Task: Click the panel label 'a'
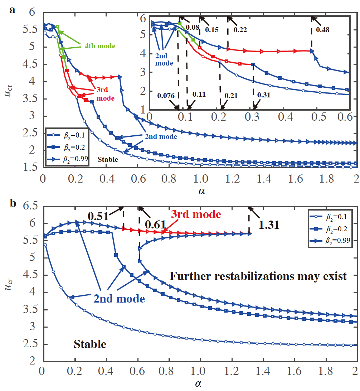[x=12, y=10]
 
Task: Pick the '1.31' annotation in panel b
[x=268, y=225]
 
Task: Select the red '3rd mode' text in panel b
[x=195, y=214]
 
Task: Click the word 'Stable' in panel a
[x=108, y=159]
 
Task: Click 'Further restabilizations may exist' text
[x=258, y=276]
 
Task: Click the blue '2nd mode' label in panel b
[x=119, y=299]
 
